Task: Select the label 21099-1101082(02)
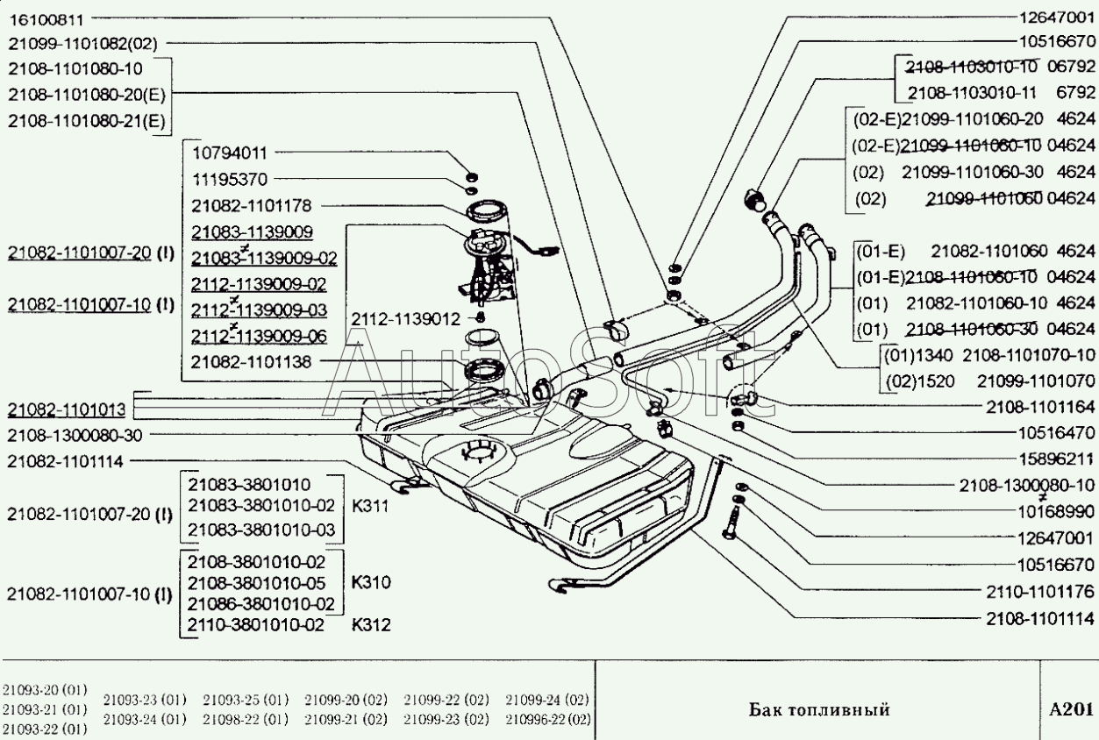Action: click(x=85, y=41)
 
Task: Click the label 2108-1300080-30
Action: click(x=75, y=434)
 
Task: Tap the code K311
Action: click(x=371, y=506)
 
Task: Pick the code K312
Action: click(x=371, y=625)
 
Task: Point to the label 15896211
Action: click(x=1056, y=458)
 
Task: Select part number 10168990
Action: click(x=1056, y=510)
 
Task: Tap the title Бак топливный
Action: click(x=819, y=708)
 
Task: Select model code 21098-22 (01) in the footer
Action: click(x=246, y=720)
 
